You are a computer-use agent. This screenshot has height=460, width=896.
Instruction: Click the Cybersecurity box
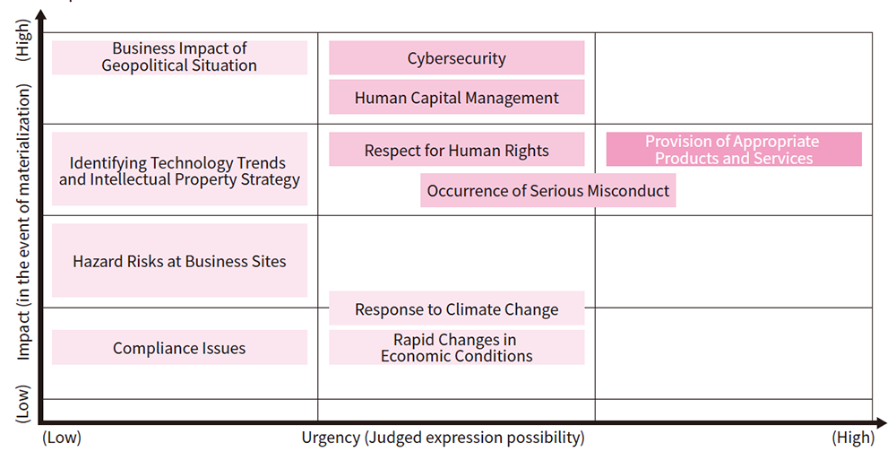point(457,57)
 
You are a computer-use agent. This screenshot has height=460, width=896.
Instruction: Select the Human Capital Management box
point(457,97)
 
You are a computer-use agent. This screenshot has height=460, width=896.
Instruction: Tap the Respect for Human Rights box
point(457,150)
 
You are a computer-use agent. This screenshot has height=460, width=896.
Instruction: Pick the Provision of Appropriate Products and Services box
point(734,150)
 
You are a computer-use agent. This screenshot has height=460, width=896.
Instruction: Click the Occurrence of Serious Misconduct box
point(548,190)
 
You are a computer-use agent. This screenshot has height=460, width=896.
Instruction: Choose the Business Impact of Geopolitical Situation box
point(179,57)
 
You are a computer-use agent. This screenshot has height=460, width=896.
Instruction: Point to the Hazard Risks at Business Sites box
point(179,260)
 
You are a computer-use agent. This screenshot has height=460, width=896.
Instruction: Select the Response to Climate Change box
point(457,308)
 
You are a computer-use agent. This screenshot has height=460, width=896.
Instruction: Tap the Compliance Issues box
point(179,347)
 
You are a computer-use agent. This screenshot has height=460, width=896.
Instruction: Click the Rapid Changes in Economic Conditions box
point(457,347)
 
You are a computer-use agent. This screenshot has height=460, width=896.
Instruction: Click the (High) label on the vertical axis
point(23,40)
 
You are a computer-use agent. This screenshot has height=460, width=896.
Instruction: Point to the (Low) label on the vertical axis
point(23,404)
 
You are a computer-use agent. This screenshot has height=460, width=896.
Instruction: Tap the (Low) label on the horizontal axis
point(62,438)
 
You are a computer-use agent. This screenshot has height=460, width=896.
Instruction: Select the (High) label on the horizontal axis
point(853,438)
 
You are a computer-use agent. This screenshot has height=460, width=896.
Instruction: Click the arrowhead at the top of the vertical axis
point(40,16)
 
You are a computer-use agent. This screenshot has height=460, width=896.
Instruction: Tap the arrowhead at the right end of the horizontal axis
point(881,424)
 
